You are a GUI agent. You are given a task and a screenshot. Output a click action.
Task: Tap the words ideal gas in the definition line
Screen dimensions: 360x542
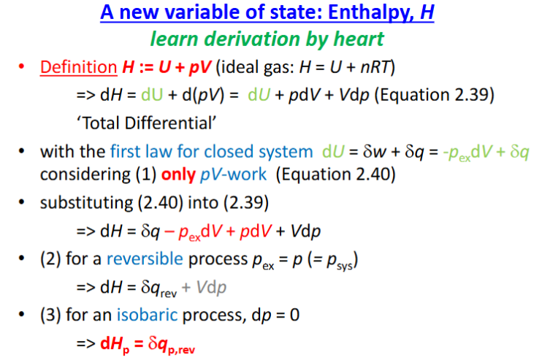click(x=255, y=67)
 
